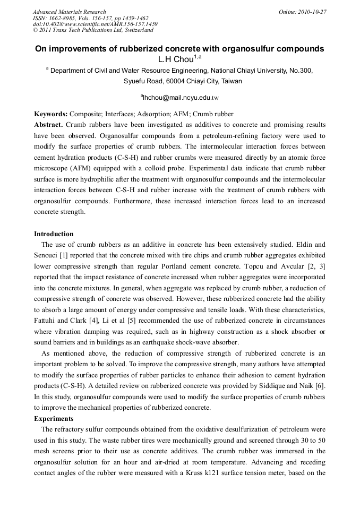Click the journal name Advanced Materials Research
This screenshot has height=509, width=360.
click(69, 12)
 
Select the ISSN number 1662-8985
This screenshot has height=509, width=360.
click(64, 18)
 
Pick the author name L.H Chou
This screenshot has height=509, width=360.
click(175, 58)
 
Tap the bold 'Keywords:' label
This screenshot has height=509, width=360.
click(51, 114)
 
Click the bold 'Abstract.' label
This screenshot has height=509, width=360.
click(49, 125)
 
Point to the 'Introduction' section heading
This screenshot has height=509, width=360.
click(54, 234)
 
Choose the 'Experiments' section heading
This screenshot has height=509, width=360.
click(53, 419)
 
